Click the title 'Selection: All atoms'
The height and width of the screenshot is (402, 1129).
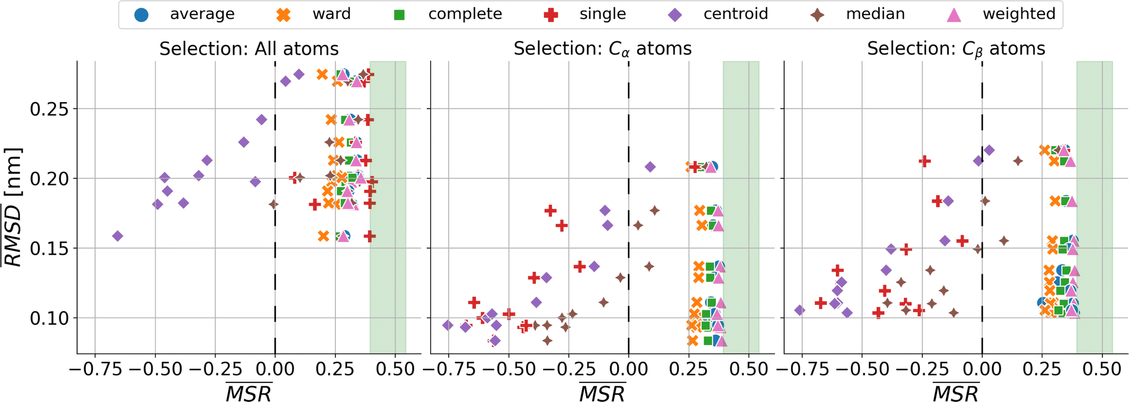click(249, 49)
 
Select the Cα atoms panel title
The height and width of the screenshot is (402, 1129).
click(602, 49)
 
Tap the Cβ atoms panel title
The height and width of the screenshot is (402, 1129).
click(956, 49)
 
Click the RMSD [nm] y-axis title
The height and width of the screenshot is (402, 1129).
click(12, 207)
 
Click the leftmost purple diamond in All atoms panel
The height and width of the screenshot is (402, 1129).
click(117, 236)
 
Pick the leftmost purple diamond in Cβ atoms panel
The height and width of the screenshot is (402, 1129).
click(799, 310)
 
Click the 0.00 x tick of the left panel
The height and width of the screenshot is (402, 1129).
click(275, 369)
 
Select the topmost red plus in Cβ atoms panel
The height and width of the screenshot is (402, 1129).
click(925, 162)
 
